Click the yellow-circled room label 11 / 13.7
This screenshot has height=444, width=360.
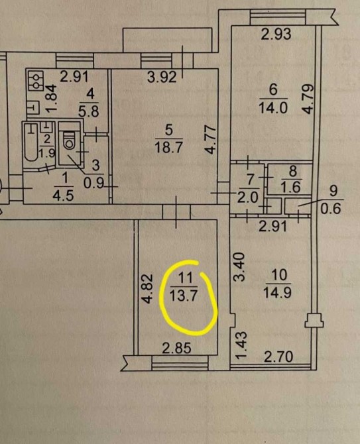click(183, 286)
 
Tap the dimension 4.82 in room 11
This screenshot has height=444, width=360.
click(148, 288)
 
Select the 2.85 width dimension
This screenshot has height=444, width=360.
click(176, 348)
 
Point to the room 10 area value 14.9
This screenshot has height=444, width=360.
click(278, 292)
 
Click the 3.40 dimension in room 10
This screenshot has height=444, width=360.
click(239, 266)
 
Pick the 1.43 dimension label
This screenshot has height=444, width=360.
click(241, 346)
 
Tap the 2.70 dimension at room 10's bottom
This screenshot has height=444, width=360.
click(278, 357)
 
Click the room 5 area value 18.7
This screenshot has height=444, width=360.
click(169, 147)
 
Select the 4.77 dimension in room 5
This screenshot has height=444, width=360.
click(210, 140)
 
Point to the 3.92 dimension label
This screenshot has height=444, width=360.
click(162, 77)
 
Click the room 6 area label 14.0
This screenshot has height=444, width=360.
click(273, 107)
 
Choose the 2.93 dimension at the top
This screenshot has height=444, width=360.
click(276, 34)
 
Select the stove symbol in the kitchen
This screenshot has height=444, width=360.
click(36, 81)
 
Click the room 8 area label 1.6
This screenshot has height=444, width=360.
click(292, 188)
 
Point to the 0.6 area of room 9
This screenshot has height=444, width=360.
click(330, 209)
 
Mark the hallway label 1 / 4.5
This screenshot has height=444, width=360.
click(64, 187)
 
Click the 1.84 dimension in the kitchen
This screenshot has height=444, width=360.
click(52, 99)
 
